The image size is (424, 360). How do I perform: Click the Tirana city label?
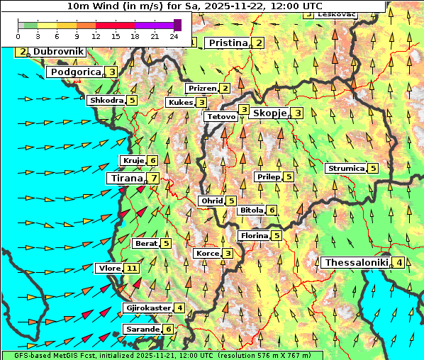pyautogui.click(x=125, y=179)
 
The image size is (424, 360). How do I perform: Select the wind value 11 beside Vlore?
pyautogui.click(x=132, y=269)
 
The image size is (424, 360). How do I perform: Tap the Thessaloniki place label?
pyautogui.click(x=357, y=263)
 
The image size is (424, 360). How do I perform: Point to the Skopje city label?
pyautogui.click(x=269, y=113)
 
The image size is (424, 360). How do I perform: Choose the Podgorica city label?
pyautogui.click(x=75, y=72)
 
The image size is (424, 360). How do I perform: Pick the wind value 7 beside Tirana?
pyautogui.click(x=153, y=179)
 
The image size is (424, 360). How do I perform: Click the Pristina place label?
pyautogui.click(x=228, y=43)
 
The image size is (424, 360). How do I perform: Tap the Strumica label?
pyautogui.click(x=346, y=169)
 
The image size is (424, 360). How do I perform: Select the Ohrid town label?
pyautogui.click(x=212, y=201)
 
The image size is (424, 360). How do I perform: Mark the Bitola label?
pyautogui.click(x=250, y=210)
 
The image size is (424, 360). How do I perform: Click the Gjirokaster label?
pyautogui.click(x=147, y=308)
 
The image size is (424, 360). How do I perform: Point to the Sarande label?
pyautogui.click(x=142, y=330)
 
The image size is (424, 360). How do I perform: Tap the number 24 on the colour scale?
pyautogui.click(x=174, y=36)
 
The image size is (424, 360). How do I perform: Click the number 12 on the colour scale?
pyautogui.click(x=96, y=36)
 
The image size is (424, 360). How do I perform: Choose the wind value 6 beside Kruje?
pyautogui.click(x=153, y=161)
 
